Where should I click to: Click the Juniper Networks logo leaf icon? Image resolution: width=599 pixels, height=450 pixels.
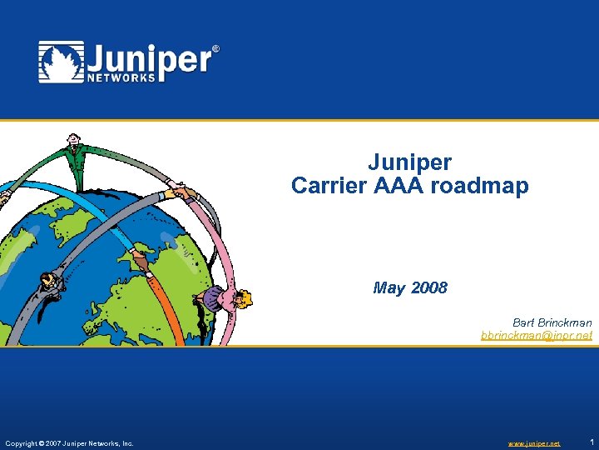(x=60, y=62)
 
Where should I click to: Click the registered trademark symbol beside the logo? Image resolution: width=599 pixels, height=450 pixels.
(x=216, y=49)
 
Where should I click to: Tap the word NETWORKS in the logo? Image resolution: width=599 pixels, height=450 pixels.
(x=121, y=77)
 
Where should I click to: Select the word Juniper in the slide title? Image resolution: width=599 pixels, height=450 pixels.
(x=409, y=162)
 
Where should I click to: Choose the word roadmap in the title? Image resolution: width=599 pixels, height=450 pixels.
(x=479, y=186)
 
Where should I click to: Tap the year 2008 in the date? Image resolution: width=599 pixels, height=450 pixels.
(x=428, y=288)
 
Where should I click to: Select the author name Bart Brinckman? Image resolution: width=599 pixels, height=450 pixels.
(x=552, y=322)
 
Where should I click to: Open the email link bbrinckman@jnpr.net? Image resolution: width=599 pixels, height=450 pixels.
(x=536, y=335)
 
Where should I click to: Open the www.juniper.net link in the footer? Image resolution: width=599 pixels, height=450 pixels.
(x=533, y=443)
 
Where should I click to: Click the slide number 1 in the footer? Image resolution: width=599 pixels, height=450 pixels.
(x=590, y=442)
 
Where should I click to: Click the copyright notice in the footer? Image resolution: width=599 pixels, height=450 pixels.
(x=69, y=443)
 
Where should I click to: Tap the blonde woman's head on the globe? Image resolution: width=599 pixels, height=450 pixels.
(x=244, y=299)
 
